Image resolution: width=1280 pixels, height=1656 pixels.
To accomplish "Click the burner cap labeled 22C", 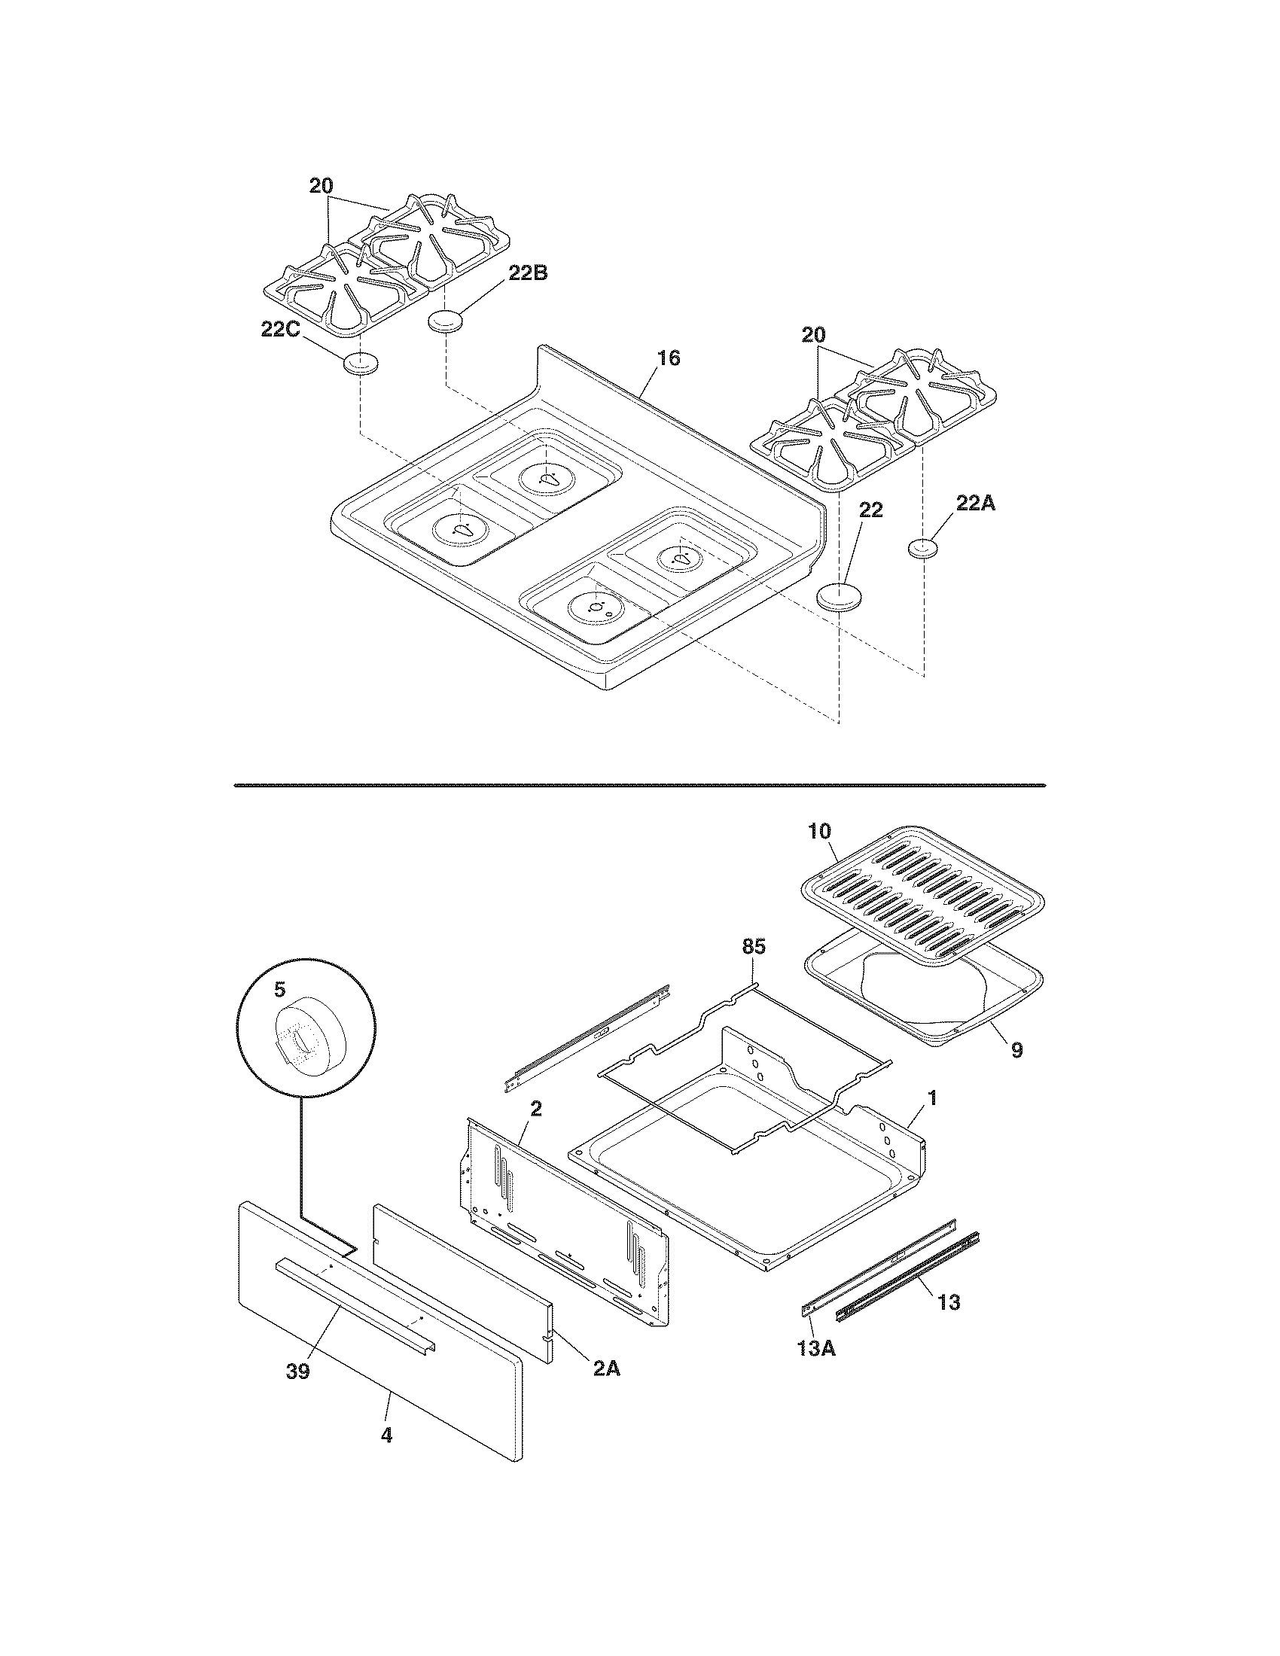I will click(x=359, y=364).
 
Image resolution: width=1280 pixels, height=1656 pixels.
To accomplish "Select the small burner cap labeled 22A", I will click(x=923, y=547).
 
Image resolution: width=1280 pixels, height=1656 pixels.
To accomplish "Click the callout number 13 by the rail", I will click(x=949, y=1302).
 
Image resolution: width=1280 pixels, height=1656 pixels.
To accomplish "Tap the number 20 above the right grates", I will click(x=813, y=335).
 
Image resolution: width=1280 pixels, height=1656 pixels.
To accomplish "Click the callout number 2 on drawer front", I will click(x=535, y=1108).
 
